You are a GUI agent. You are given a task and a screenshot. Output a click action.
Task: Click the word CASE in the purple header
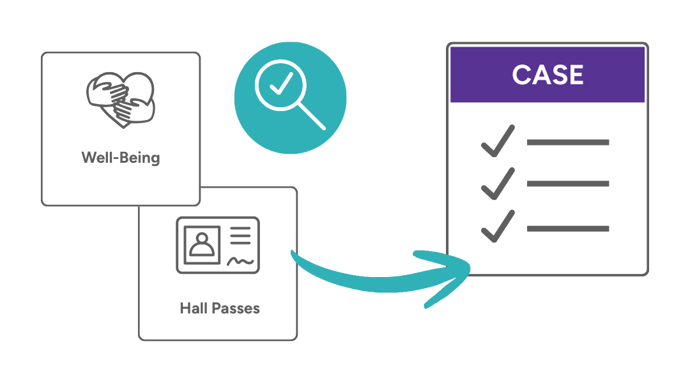pyautogui.click(x=548, y=75)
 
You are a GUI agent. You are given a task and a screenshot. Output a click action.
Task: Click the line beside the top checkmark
pyautogui.click(x=567, y=142)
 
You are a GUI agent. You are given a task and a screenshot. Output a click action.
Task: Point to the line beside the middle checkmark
pyautogui.click(x=567, y=184)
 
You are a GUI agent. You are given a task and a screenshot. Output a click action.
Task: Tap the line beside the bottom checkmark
pyautogui.click(x=567, y=228)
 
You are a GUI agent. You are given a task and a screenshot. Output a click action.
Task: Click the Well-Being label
pyautogui.click(x=121, y=157)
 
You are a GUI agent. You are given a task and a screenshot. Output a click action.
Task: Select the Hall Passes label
pyautogui.click(x=220, y=309)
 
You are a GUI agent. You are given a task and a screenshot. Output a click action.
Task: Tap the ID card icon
pyautogui.click(x=218, y=245)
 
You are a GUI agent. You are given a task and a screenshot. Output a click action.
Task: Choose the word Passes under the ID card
pyautogui.click(x=235, y=309)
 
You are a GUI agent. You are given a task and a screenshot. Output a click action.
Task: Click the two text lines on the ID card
pyautogui.click(x=240, y=236)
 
